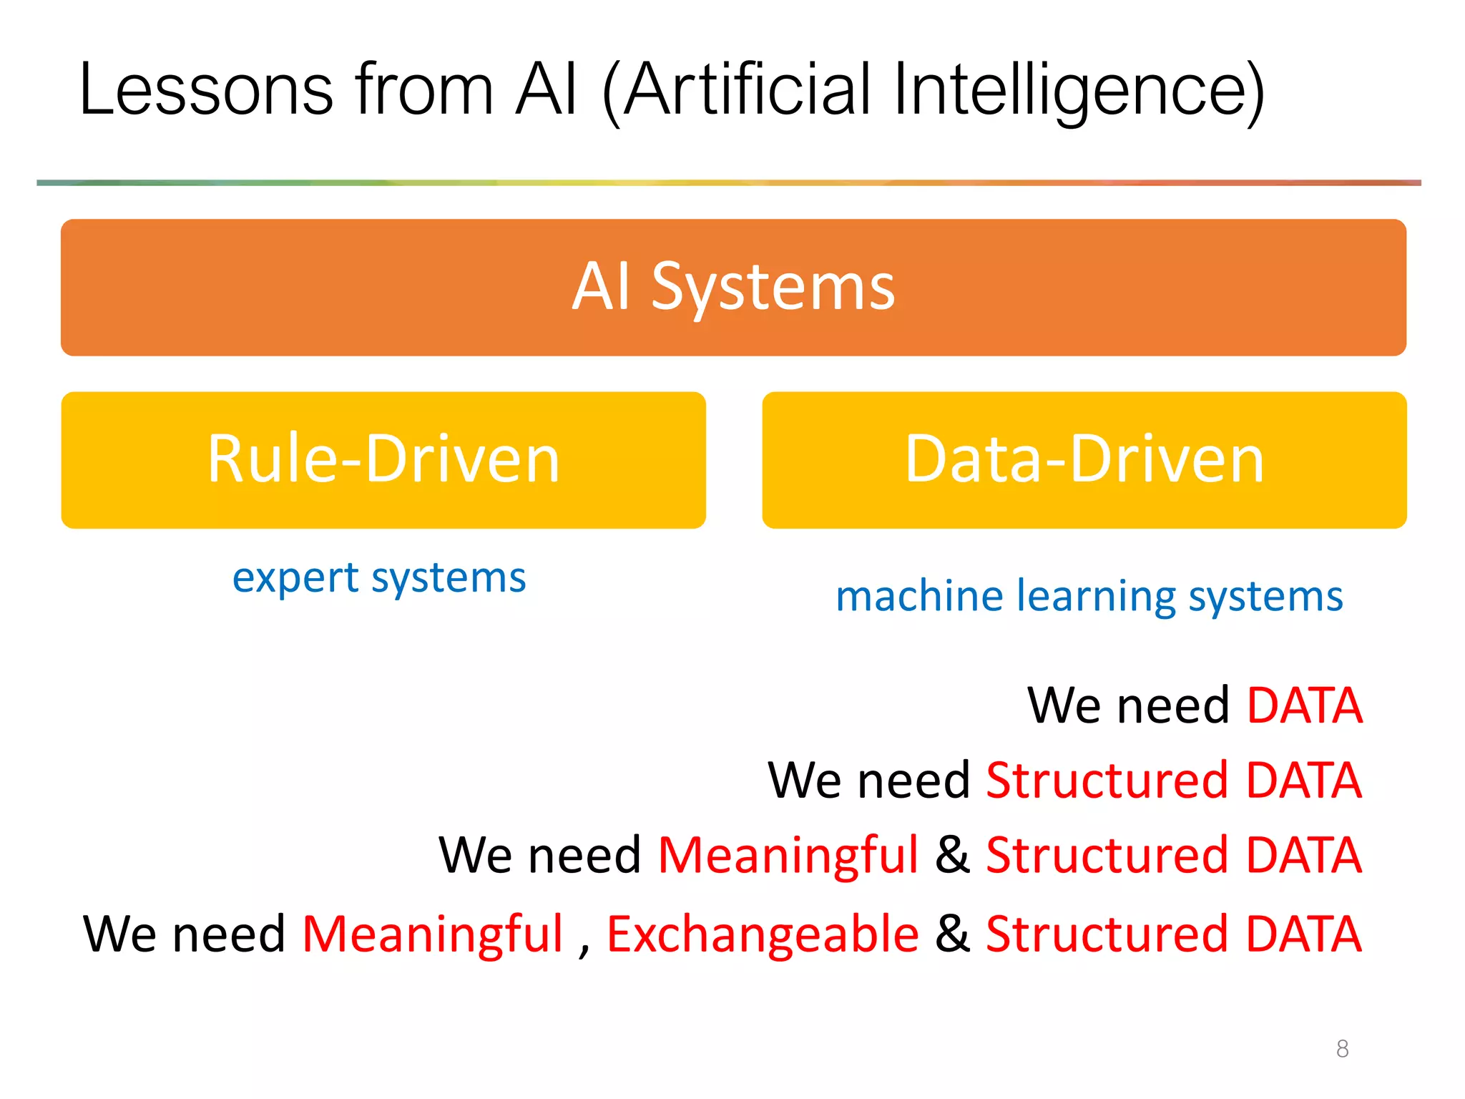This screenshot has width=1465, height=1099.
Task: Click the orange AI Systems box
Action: pos(733,287)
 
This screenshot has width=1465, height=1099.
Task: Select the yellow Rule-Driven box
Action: pos(383,459)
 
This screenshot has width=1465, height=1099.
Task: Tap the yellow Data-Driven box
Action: pos(1084,459)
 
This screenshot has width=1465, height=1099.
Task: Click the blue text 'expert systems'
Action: pos(379,578)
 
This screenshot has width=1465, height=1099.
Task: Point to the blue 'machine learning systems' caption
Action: pos(1089,596)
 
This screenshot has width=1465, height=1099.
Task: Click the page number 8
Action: pos(1342,1049)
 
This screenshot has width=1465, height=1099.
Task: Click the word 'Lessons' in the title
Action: pos(206,90)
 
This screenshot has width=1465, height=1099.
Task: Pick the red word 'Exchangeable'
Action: pos(763,934)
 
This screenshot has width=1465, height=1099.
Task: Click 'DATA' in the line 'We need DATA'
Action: pos(1304,705)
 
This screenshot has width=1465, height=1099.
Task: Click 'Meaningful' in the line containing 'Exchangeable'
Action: pos(432,934)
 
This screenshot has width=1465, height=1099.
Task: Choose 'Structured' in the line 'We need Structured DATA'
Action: pos(1107,780)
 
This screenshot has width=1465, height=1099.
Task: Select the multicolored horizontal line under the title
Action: pos(728,183)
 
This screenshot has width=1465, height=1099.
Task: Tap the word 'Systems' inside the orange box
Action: pos(773,287)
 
